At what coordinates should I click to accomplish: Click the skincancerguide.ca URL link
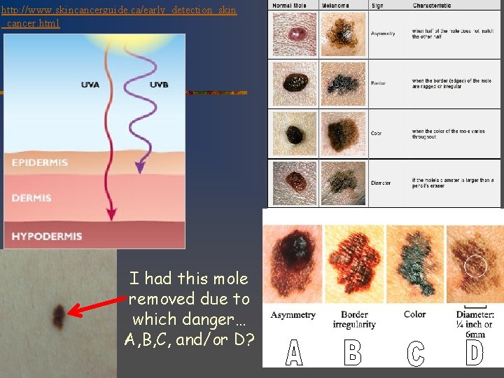tap(119, 17)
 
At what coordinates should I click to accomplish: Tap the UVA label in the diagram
tap(90, 85)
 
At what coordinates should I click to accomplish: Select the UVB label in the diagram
tap(159, 85)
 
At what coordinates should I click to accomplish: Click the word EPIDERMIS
tap(40, 162)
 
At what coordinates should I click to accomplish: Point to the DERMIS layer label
tap(31, 198)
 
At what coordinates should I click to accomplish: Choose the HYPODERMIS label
tap(47, 237)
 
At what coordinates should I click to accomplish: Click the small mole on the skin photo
tap(59, 317)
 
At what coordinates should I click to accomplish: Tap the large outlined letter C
tap(416, 353)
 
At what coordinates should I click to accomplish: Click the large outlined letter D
tap(475, 352)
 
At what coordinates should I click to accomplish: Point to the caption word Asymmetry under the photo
tap(293, 315)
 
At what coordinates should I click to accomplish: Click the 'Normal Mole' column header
tap(292, 5)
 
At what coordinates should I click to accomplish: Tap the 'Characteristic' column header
tap(434, 5)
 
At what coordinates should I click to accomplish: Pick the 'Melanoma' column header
tap(335, 5)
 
